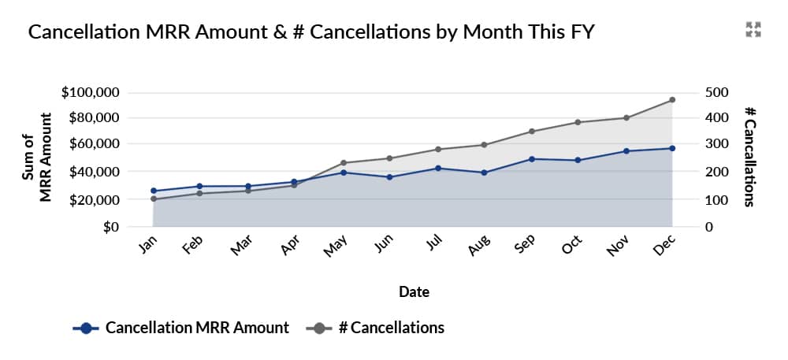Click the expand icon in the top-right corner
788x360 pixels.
753,30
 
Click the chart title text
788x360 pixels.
310,32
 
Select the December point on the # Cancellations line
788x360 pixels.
672,100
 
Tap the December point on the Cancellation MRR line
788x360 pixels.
672,148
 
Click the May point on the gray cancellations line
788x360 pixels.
343,163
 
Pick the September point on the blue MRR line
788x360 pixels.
532,159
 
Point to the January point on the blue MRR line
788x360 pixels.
153,191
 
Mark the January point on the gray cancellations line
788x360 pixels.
153,199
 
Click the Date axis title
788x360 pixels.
414,292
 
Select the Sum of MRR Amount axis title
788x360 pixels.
37,158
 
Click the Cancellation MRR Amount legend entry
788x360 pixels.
181,328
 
